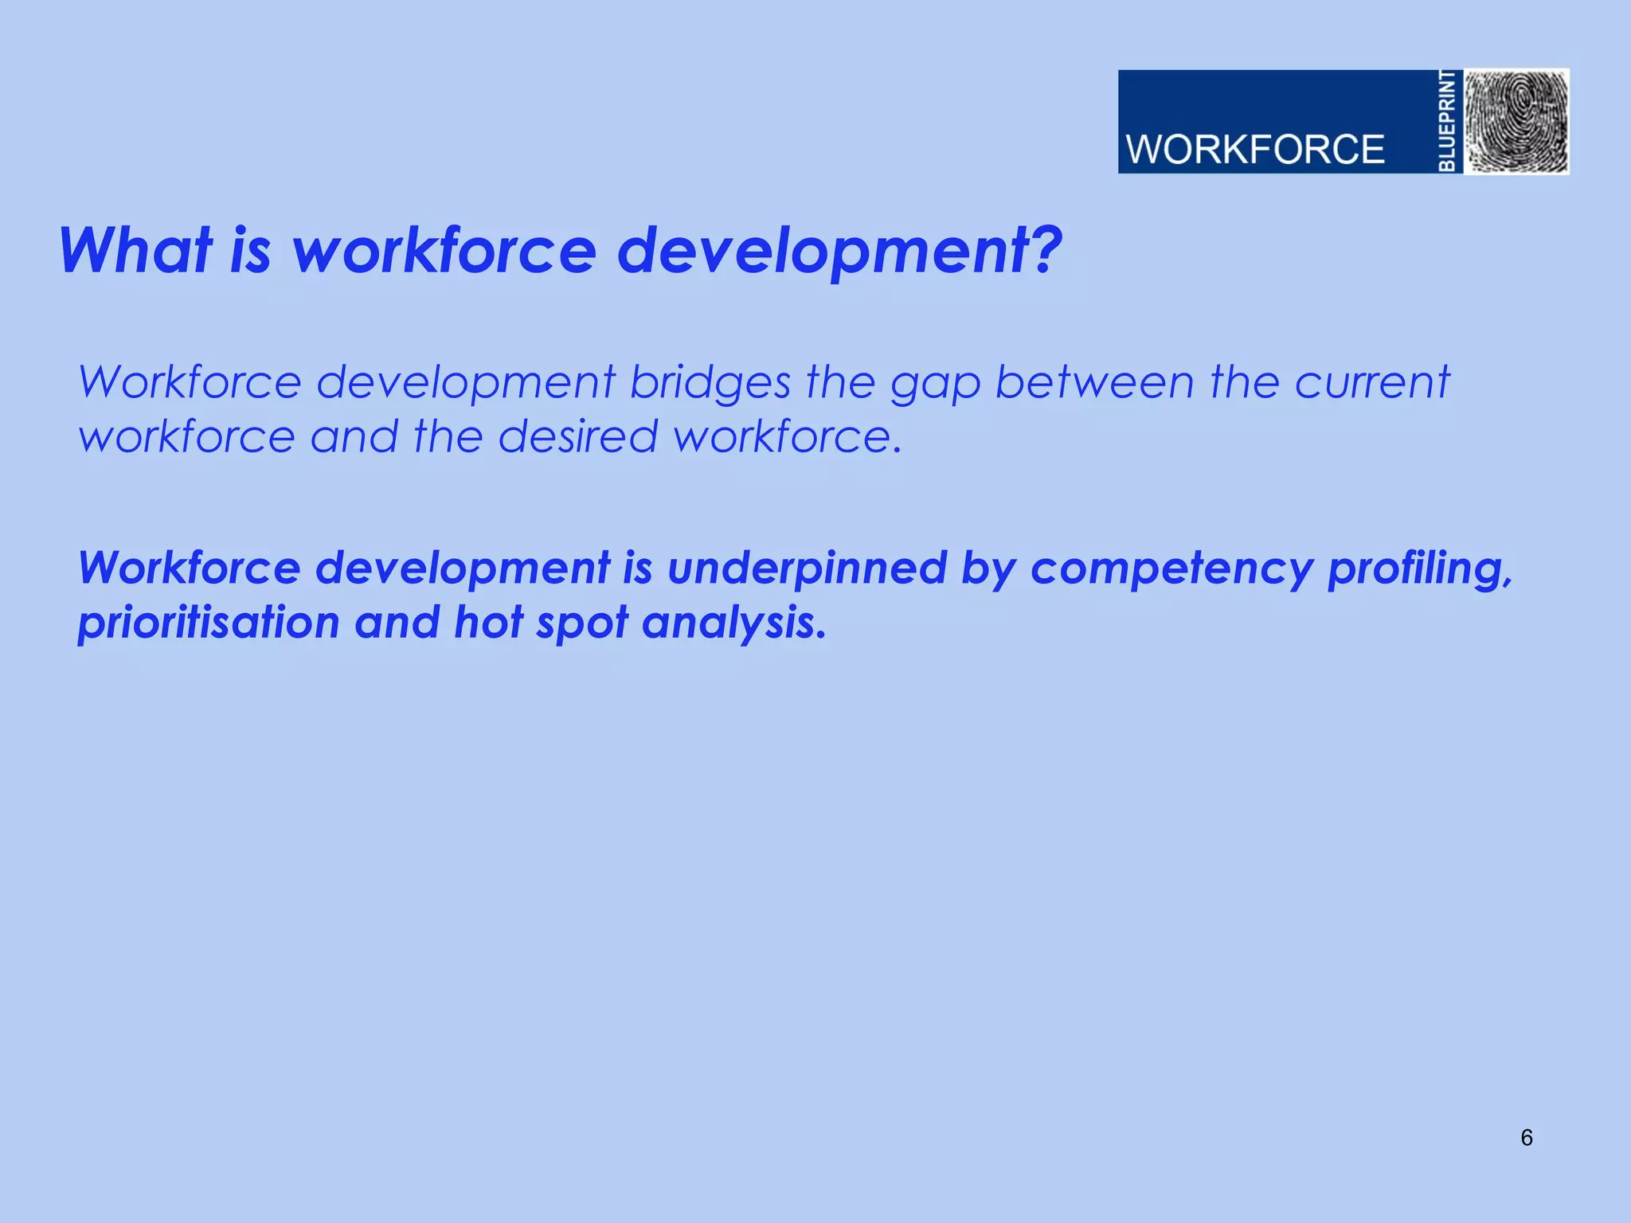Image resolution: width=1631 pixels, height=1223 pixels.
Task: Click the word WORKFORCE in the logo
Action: pyautogui.click(x=1254, y=150)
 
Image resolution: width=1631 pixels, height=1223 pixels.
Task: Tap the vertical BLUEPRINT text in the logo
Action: pyautogui.click(x=1448, y=121)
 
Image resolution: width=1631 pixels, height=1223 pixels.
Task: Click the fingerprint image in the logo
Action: pyautogui.click(x=1517, y=121)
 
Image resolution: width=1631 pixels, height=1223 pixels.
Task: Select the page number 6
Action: pyautogui.click(x=1526, y=1138)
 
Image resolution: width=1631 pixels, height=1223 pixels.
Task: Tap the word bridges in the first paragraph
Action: pyautogui.click(x=710, y=384)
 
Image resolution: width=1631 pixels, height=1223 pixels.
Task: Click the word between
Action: pyautogui.click(x=1095, y=382)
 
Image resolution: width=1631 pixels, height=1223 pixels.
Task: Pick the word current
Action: pyautogui.click(x=1371, y=382)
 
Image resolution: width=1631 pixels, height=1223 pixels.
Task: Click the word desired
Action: pyautogui.click(x=577, y=437)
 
